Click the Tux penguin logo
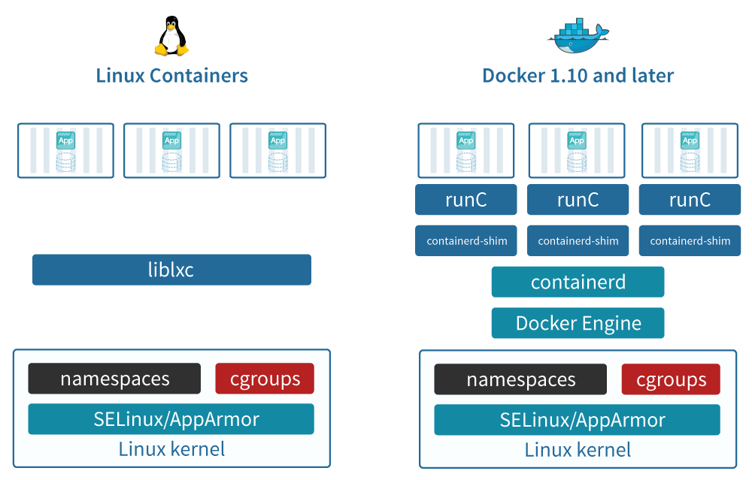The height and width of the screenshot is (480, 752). (171, 38)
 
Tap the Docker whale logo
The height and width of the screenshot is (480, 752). (578, 35)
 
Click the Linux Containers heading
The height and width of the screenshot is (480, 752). (172, 76)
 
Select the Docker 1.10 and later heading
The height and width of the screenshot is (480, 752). (578, 76)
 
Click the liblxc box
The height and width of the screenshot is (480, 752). (171, 270)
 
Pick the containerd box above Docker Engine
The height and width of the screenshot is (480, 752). (578, 282)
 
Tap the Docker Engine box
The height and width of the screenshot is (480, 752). (578, 324)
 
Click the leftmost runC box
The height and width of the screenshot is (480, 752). (466, 200)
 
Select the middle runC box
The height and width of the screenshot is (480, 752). (578, 200)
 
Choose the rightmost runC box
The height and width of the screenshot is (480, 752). (690, 200)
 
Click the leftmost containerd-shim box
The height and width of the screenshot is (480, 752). (466, 241)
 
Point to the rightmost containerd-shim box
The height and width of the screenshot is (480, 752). (690, 241)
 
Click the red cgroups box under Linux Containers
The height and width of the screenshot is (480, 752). (264, 379)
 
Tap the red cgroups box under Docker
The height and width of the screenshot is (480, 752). (671, 379)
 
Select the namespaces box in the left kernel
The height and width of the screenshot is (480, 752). (114, 379)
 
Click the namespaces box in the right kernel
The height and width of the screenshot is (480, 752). (520, 379)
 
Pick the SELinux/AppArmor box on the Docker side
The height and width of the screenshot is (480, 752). (578, 420)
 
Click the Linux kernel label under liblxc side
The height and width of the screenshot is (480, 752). (171, 449)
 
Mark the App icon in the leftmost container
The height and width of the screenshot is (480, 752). (66, 140)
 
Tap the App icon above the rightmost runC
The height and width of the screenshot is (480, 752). (690, 140)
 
